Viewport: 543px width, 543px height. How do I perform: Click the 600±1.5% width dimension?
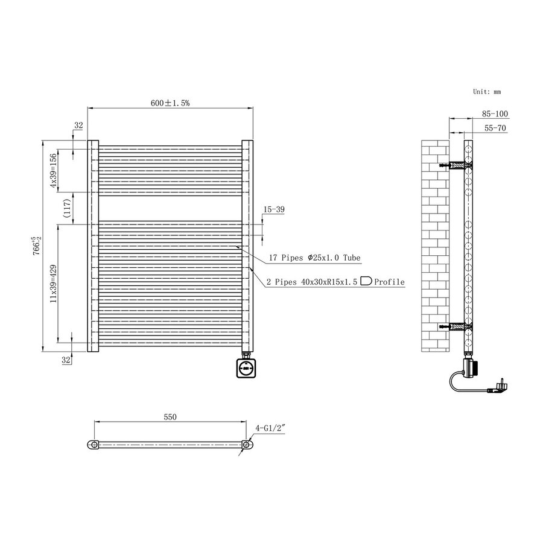[170, 103]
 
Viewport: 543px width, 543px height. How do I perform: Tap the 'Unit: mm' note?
[487, 92]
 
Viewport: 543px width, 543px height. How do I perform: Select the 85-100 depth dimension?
[495, 113]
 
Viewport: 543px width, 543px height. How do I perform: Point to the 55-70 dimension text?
[495, 129]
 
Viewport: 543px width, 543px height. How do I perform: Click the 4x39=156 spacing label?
[53, 171]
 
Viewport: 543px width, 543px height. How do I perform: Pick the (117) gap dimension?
[68, 208]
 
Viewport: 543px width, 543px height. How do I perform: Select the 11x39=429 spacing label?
[53, 281]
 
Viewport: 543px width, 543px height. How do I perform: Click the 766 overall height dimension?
[37, 246]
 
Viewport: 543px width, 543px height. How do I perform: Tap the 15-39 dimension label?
[273, 209]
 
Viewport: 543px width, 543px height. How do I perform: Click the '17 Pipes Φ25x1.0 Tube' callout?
[314, 258]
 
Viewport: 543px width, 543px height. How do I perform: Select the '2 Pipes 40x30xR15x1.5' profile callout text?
[312, 282]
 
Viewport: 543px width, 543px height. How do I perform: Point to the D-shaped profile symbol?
[366, 281]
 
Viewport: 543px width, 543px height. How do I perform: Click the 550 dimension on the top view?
[170, 417]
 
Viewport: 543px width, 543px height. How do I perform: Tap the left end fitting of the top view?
[94, 445]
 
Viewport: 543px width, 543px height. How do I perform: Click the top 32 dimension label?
[78, 125]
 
